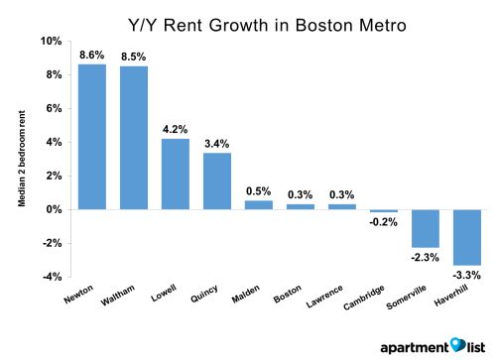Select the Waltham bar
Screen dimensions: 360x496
134,138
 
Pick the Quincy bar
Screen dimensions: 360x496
217,180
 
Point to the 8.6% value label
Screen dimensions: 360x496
92,56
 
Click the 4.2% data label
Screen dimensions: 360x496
176,129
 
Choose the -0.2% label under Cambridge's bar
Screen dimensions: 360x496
384,222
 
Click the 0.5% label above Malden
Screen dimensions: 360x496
259,191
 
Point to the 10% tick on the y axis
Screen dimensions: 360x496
51,41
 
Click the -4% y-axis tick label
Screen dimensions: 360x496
51,277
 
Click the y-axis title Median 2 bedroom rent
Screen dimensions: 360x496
20,158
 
